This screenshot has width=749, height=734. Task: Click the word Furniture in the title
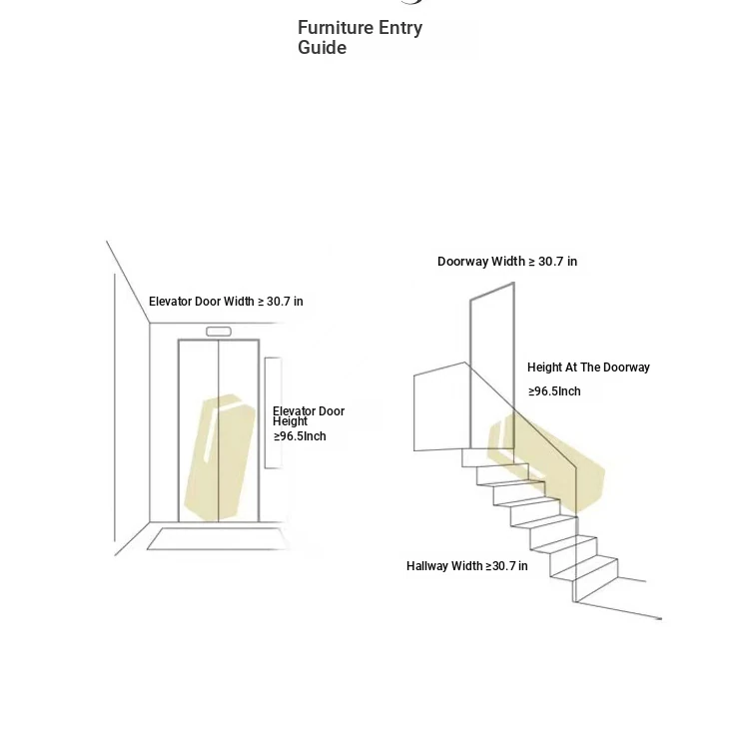(336, 28)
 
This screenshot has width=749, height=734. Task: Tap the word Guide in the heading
(322, 48)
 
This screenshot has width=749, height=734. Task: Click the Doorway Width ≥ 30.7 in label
(507, 262)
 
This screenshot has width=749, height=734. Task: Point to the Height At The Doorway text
(588, 367)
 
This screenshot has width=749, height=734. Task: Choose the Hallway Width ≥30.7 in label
(467, 566)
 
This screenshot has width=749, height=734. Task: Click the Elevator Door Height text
(309, 416)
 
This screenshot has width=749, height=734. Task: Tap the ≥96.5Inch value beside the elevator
(300, 436)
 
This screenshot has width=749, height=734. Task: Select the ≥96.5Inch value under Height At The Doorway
(554, 391)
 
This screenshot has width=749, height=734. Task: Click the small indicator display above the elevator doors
(219, 332)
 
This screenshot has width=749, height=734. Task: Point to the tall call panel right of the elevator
(273, 412)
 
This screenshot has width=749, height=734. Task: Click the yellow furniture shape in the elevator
(220, 457)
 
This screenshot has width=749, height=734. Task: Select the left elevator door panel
(199, 430)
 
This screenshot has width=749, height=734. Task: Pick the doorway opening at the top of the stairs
(492, 366)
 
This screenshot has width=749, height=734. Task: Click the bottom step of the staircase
(596, 579)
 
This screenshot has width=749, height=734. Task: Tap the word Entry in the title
(400, 28)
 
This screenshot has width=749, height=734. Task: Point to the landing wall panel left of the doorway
(440, 406)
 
